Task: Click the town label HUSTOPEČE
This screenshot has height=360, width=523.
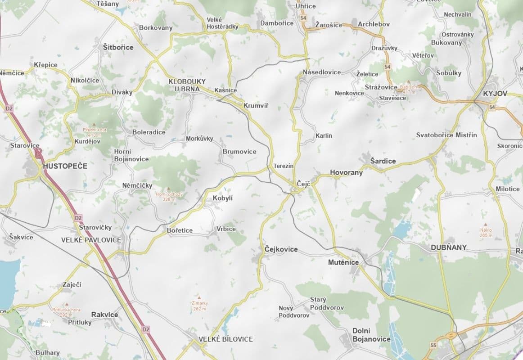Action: coord(65,166)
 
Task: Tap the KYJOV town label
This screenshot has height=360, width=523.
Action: coord(495,94)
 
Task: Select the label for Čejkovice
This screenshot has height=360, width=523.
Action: coord(281,249)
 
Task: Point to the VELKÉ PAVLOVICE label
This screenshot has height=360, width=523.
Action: coord(91,240)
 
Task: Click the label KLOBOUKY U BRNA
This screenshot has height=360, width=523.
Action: coord(187,85)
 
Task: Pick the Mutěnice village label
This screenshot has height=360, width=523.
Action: coord(343,262)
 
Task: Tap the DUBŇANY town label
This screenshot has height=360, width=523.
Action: coord(449,247)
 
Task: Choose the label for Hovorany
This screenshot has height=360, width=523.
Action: coord(346,172)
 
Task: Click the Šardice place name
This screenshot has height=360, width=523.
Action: coord(383,161)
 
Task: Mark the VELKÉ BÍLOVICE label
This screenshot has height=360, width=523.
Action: coord(226,339)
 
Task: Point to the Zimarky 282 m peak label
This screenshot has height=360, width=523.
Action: coord(200,306)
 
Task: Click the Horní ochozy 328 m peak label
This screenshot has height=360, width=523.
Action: coord(169,196)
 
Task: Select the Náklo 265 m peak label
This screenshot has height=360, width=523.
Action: coord(486,232)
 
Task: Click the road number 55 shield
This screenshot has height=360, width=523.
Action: coord(433,345)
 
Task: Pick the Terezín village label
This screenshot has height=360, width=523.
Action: coord(284,166)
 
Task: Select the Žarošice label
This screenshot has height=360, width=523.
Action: coord(329,24)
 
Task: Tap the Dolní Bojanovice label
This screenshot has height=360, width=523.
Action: coord(371,335)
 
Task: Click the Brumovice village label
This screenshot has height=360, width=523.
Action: coord(239,152)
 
